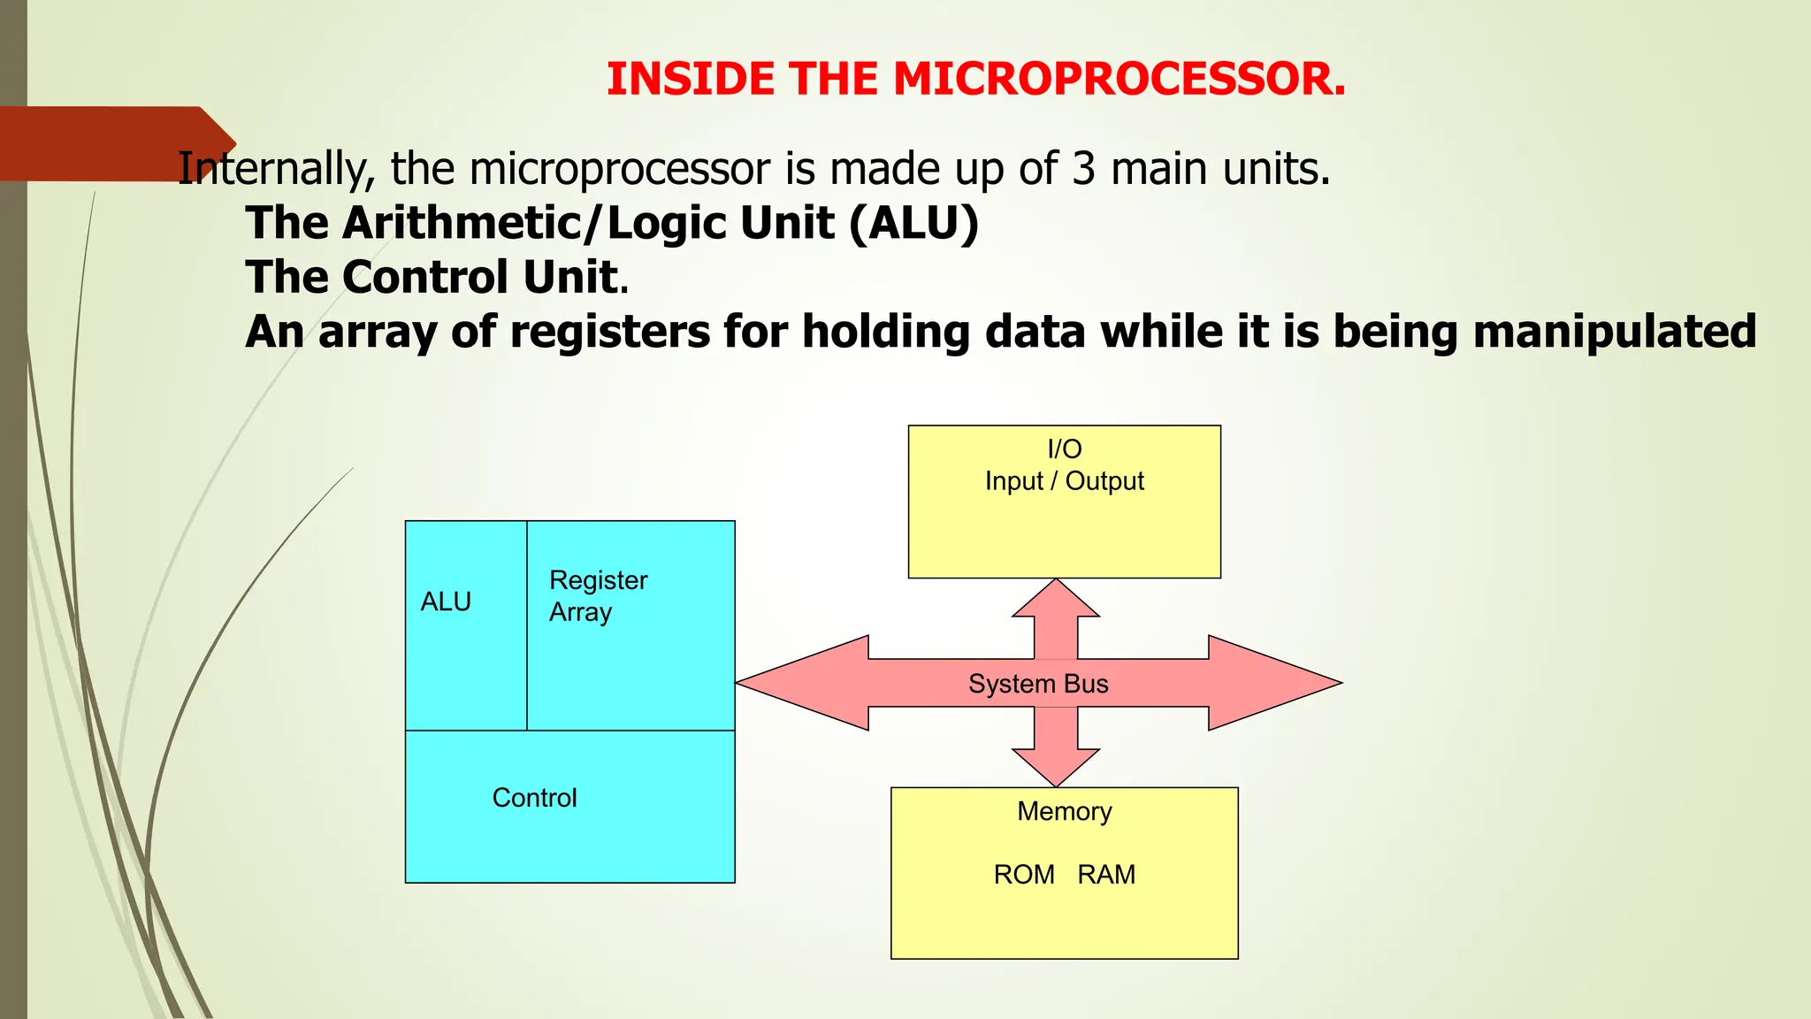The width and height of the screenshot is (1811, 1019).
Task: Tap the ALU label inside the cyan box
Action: coord(446,601)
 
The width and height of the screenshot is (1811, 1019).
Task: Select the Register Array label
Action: coord(598,596)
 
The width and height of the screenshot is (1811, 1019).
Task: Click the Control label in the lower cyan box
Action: coord(534,798)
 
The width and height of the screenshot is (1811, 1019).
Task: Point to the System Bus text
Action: coord(1037,684)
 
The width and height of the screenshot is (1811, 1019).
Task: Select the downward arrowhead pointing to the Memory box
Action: coord(1056,767)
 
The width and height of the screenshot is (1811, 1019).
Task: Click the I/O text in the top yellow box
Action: coord(1064,449)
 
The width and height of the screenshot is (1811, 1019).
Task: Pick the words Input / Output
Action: coord(1064,481)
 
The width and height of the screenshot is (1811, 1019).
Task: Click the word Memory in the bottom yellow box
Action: coord(1064,811)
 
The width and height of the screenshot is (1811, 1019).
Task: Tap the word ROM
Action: coord(1024,875)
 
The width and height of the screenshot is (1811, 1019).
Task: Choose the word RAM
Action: coord(1106,875)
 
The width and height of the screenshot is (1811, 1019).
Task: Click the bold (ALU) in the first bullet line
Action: coord(913,223)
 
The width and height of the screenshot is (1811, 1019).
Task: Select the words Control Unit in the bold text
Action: coord(479,277)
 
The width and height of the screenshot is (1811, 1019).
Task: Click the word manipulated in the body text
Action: coord(1614,332)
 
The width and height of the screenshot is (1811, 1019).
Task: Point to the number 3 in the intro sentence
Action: coord(1083,169)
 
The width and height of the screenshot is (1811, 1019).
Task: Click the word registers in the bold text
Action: coord(610,332)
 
